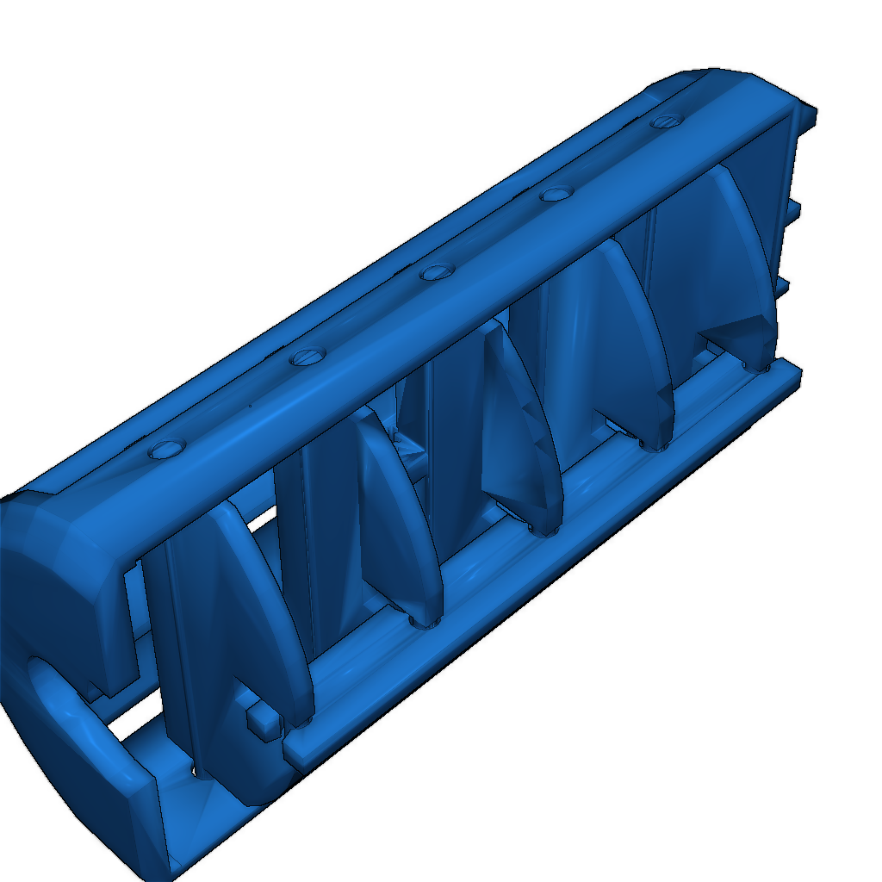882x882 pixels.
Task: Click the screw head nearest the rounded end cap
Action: tap(167, 448)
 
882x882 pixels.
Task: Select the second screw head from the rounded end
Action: tap(307, 355)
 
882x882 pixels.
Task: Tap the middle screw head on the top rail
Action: tap(438, 272)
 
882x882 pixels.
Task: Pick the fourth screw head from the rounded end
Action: tap(557, 194)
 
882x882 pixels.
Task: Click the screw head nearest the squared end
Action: tap(665, 121)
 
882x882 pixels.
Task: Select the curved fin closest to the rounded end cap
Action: tap(258, 603)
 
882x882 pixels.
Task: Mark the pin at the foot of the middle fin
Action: tap(542, 527)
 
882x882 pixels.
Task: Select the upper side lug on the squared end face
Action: tap(794, 209)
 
